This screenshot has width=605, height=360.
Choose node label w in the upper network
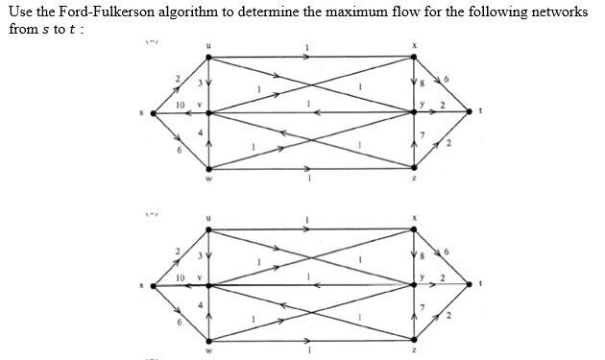(x=208, y=179)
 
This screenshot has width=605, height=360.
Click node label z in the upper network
(x=414, y=179)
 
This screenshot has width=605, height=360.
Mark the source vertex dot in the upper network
(x=152, y=112)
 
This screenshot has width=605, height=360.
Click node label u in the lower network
(x=208, y=217)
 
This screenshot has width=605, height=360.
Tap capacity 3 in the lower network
(x=200, y=257)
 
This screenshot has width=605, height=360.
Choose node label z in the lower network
(x=414, y=351)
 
